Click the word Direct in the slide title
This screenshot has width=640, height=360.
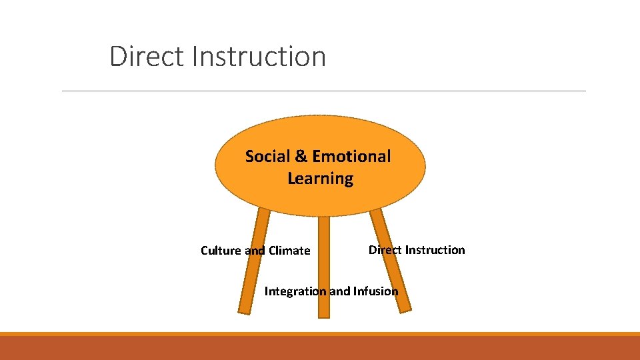147,56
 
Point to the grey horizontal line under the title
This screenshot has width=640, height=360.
323,91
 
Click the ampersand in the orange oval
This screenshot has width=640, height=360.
301,157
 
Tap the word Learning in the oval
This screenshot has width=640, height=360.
320,179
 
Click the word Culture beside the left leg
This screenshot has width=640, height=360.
221,251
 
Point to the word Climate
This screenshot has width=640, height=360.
289,251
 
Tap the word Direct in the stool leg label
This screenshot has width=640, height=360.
385,250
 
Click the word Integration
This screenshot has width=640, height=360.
295,291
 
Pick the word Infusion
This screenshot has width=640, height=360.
375,291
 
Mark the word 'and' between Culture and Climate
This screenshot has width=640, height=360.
255,251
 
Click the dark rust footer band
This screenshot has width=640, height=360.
320,348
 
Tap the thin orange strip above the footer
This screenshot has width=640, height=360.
320,334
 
